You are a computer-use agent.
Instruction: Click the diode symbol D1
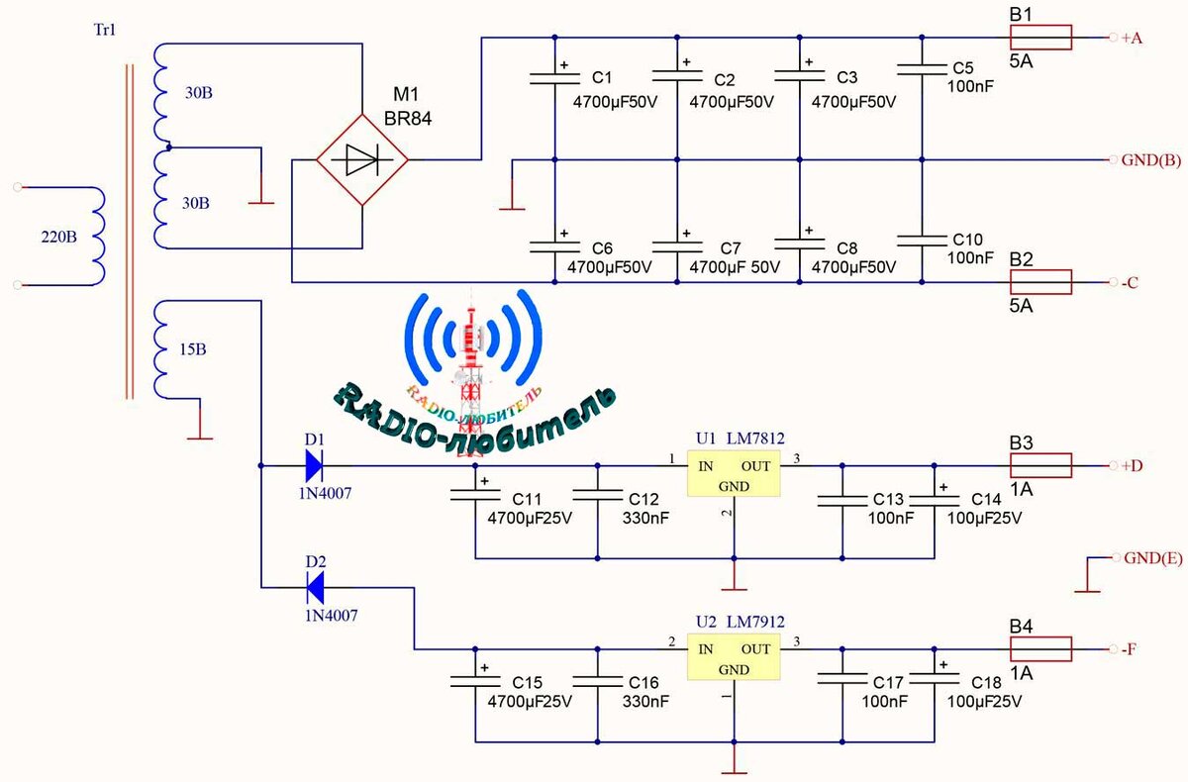[312, 463]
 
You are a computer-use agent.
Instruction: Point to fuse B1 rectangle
[1040, 38]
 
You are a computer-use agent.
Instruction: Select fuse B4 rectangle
[1040, 649]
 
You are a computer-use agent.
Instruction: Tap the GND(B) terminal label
[1151, 160]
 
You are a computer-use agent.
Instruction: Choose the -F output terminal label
[1130, 649]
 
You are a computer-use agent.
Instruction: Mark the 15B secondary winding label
[194, 350]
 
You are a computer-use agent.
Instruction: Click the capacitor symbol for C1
[553, 77]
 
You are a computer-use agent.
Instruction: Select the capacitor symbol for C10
[922, 241]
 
